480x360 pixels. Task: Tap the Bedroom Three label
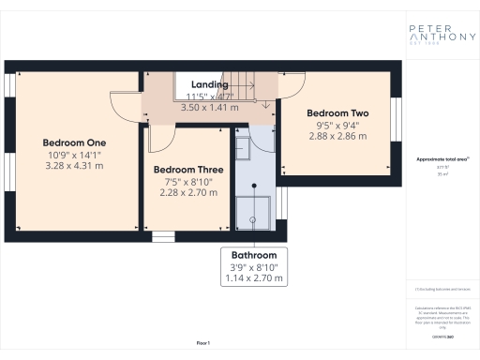[x=187, y=170]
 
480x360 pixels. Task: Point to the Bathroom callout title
[x=254, y=255]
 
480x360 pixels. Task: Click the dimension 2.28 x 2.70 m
[x=187, y=194]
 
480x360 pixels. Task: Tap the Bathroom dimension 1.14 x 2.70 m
[x=254, y=278]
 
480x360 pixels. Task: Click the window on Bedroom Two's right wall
[x=397, y=124]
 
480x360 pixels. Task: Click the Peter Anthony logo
[x=438, y=29]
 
